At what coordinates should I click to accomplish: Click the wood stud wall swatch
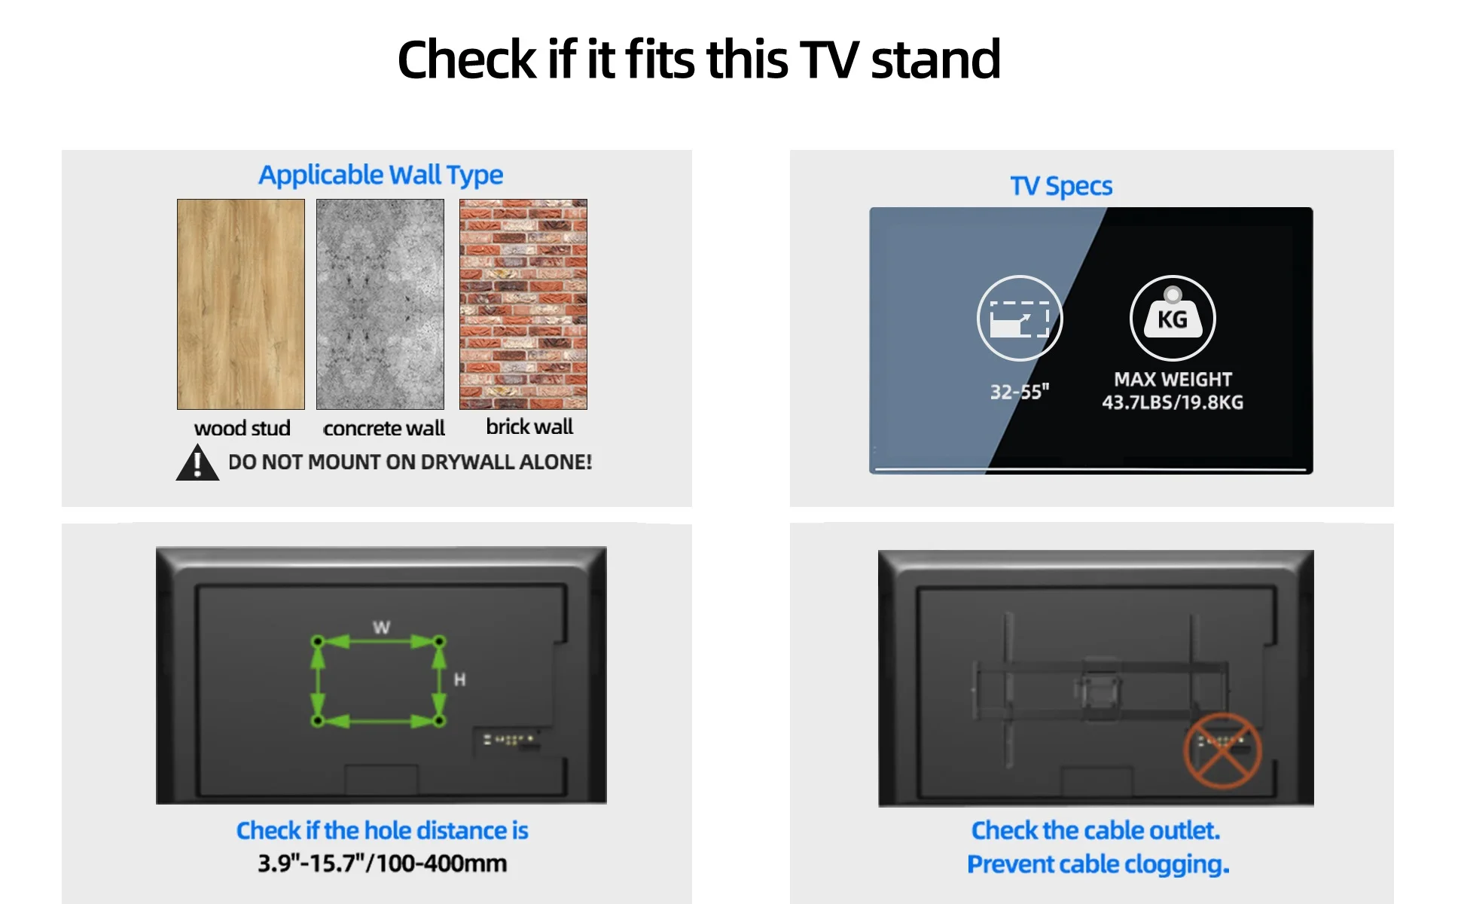[x=241, y=304]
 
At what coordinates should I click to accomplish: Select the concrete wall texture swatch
[x=380, y=304]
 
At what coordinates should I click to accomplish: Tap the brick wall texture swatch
[x=523, y=304]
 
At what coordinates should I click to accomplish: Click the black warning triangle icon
[x=197, y=463]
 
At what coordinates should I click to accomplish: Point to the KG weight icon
[x=1173, y=318]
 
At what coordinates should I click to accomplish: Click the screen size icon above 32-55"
[x=1020, y=318]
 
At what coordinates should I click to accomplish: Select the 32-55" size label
[x=1019, y=392]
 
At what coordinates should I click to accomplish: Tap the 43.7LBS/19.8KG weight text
[x=1173, y=402]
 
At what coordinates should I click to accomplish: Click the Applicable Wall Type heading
[x=380, y=175]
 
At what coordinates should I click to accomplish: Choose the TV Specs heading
[x=1061, y=186]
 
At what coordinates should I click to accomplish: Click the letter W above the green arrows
[x=381, y=628]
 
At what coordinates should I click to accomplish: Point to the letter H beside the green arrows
[x=459, y=680]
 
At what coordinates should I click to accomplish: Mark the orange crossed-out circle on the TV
[x=1222, y=750]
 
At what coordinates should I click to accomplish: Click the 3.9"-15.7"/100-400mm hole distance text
[x=382, y=863]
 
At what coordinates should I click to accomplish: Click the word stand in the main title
[x=935, y=60]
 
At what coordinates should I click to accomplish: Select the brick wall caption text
[x=529, y=427]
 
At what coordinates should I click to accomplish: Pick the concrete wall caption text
[x=384, y=429]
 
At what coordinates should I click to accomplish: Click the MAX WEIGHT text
[x=1173, y=380]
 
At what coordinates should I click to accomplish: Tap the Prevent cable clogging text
[x=1097, y=864]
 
